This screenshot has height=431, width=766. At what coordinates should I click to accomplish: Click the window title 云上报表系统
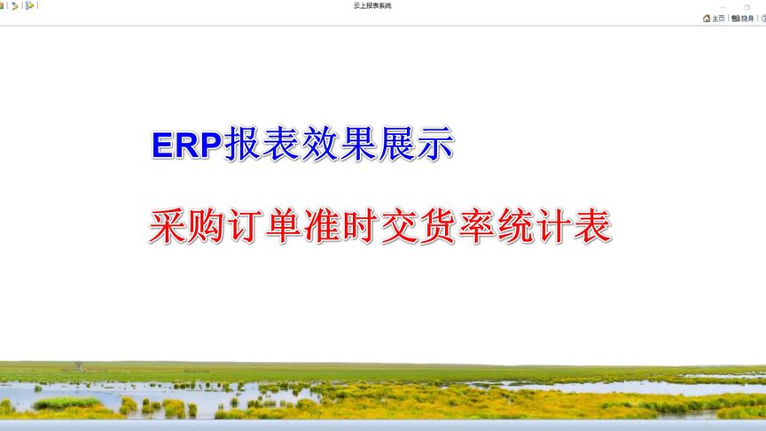point(371,5)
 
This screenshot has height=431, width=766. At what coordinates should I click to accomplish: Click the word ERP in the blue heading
point(186,145)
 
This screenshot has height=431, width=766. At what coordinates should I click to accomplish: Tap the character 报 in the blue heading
point(243,145)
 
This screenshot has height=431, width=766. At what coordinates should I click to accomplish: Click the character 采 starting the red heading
point(168,227)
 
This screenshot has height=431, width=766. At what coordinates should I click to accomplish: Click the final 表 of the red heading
point(592,227)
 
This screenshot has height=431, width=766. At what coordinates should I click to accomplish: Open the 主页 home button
point(714,18)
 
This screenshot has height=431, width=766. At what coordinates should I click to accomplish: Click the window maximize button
point(746,7)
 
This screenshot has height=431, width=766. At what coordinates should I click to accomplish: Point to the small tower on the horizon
point(78,364)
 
